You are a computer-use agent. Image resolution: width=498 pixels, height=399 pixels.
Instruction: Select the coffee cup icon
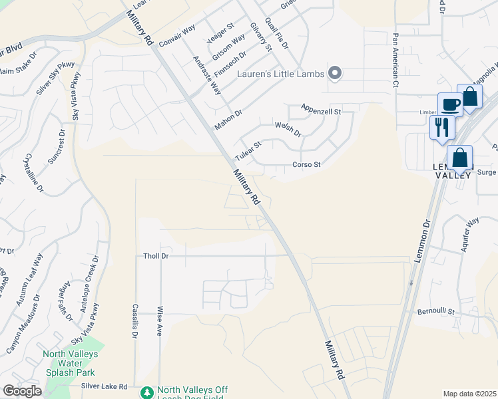[450, 105]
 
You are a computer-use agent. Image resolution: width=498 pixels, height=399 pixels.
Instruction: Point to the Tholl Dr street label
[157, 256]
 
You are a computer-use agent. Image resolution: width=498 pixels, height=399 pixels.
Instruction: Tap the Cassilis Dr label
[134, 320]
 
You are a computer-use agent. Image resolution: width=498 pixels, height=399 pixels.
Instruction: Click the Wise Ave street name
[160, 321]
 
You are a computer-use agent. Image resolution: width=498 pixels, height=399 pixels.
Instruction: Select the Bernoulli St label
[435, 311]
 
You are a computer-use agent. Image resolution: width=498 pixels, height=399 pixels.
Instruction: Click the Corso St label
[307, 164]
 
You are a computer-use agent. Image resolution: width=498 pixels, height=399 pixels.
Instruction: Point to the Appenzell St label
[320, 108]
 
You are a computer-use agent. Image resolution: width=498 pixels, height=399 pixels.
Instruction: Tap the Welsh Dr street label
[288, 128]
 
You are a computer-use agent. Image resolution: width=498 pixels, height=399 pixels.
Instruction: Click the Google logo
[22, 391]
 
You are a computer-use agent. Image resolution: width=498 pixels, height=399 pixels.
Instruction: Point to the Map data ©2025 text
[470, 394]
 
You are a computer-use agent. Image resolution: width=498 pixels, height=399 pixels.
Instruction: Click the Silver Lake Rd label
[105, 386]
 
